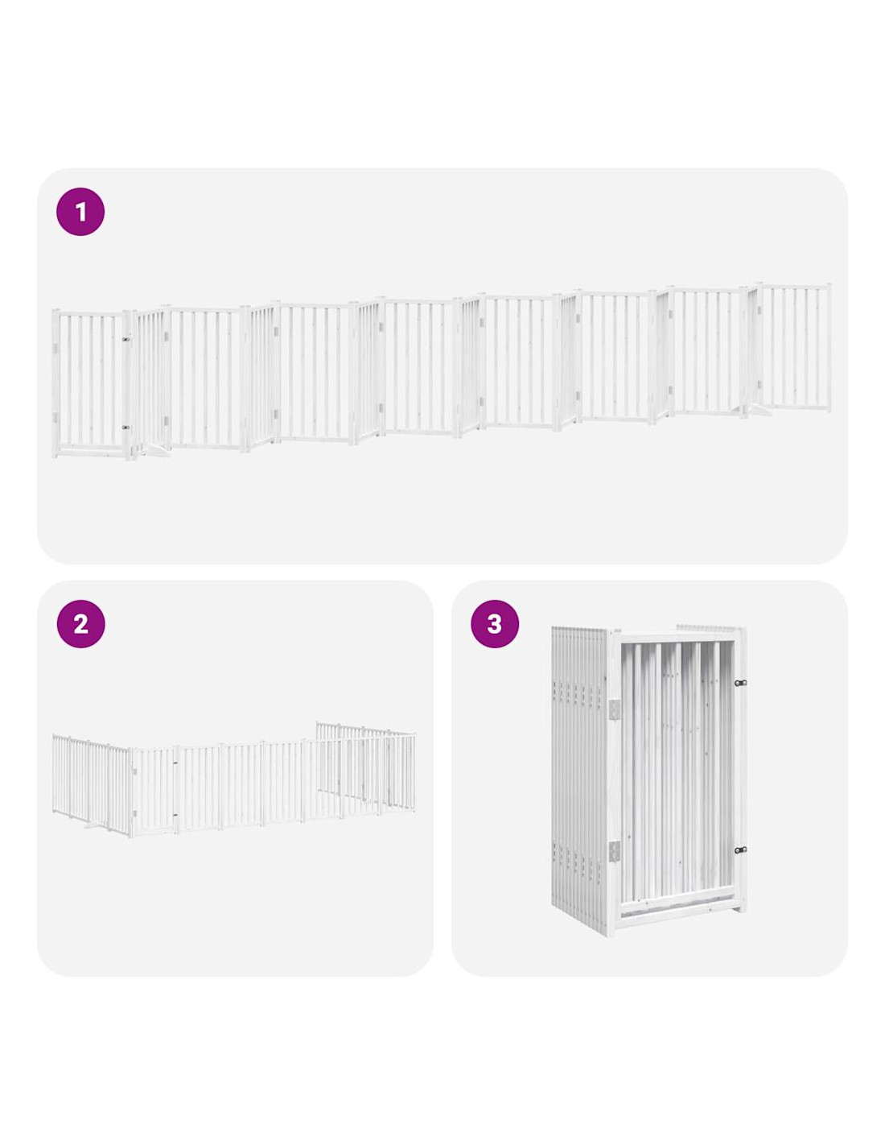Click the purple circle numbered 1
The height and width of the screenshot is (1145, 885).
coord(80,212)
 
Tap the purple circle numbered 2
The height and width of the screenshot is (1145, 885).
coord(80,624)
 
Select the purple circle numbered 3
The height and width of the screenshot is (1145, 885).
coord(495,624)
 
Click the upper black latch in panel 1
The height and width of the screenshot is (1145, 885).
coord(126,340)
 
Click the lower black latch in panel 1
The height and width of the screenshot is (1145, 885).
coord(126,428)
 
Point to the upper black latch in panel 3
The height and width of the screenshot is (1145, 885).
coord(740,684)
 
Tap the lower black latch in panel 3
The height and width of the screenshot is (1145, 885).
coord(740,850)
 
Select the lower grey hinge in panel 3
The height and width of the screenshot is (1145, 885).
coord(615,851)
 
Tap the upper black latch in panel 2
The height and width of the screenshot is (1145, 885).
coord(175,762)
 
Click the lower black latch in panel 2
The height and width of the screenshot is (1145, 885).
coord(175,815)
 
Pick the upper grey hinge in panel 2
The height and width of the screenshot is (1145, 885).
coord(135,772)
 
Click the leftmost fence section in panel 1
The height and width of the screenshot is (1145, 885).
coord(92,384)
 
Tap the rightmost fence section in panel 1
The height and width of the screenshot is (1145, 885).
coord(794,348)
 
